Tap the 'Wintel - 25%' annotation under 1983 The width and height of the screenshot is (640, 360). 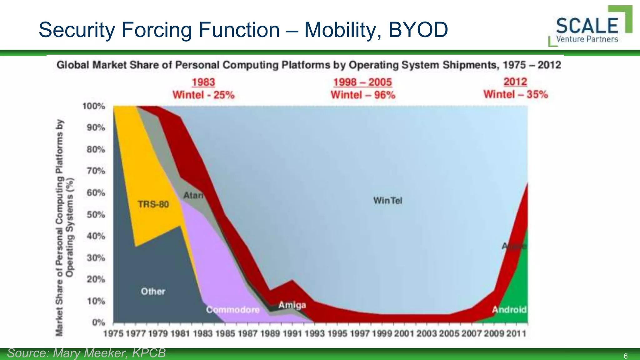click(203, 95)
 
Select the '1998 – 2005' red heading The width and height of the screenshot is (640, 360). click(362, 82)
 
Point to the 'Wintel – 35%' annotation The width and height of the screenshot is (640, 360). click(516, 94)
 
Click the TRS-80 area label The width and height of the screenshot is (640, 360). click(153, 204)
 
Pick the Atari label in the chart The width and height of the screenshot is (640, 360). click(193, 196)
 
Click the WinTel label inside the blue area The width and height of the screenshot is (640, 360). click(387, 200)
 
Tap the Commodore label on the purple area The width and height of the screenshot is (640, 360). click(233, 310)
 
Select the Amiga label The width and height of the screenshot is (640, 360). click(292, 305)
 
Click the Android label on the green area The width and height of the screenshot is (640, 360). click(509, 310)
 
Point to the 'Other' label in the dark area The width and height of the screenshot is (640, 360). click(153, 292)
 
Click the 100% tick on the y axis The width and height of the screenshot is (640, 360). click(94, 106)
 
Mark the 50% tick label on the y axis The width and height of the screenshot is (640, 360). click(96, 215)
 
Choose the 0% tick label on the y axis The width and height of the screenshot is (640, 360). click(98, 322)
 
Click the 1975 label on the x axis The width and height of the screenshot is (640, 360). click(113, 334)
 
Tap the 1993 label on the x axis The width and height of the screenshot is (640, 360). click(315, 334)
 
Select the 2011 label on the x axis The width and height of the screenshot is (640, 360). click(516, 334)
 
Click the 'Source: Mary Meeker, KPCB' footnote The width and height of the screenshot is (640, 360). click(86, 353)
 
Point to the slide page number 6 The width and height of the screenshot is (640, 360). click(625, 356)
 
